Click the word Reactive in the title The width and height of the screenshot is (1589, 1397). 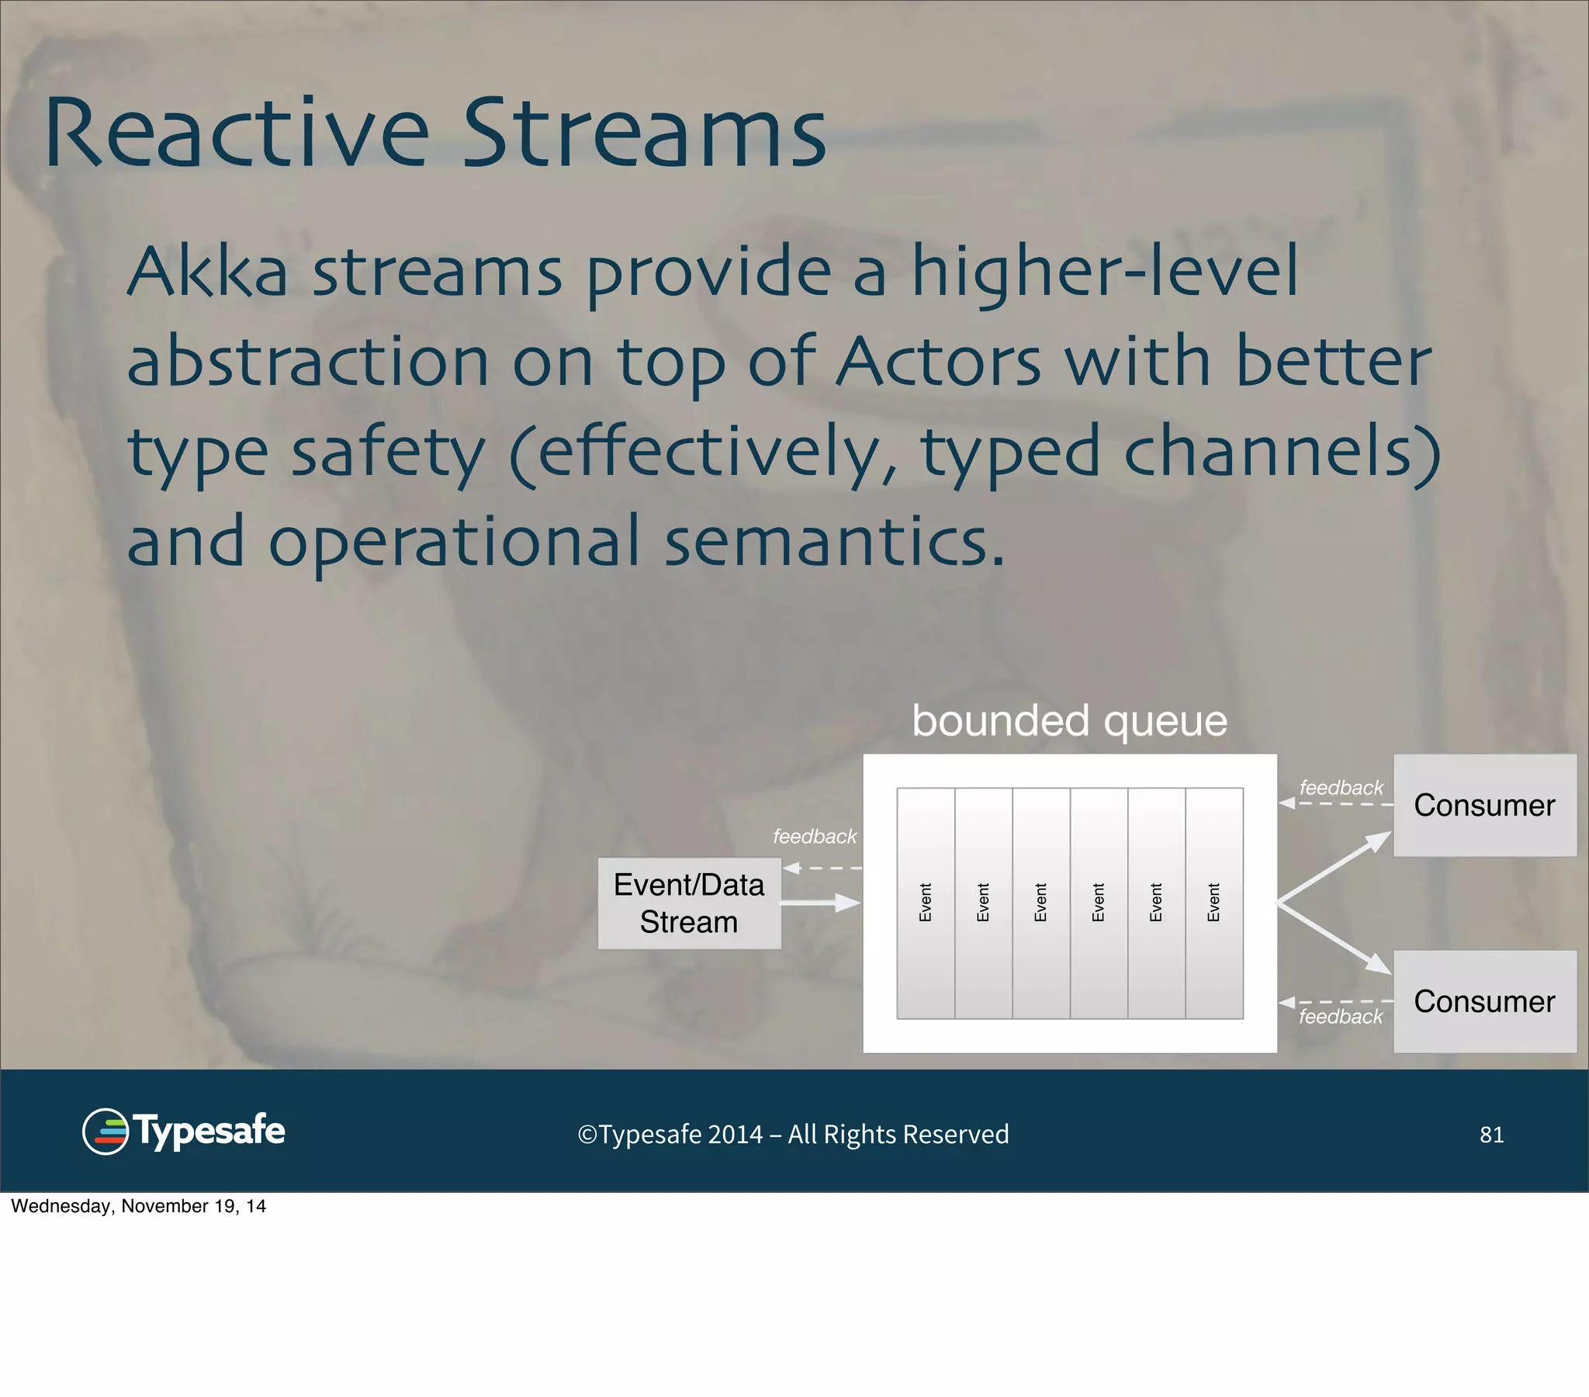[236, 133]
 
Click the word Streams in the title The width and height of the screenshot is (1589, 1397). [645, 133]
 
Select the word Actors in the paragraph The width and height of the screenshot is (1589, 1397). [938, 362]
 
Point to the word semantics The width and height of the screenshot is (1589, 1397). [834, 543]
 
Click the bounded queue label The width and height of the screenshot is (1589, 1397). [1069, 721]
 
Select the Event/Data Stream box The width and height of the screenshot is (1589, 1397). [689, 903]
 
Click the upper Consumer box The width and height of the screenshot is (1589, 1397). [1484, 805]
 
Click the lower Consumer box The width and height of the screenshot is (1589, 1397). [1484, 1001]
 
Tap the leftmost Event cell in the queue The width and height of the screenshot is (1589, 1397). [925, 903]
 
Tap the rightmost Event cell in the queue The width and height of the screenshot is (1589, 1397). [1213, 903]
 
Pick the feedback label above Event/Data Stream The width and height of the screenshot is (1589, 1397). [814, 836]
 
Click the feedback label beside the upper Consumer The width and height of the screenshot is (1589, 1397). [1341, 787]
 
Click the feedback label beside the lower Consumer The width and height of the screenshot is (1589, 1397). [1340, 1017]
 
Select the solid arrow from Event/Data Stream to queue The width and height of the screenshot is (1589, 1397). [820, 903]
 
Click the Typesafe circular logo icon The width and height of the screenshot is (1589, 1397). [105, 1132]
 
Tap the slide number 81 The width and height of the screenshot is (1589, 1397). [1491, 1135]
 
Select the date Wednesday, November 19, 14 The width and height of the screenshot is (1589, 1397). [138, 1206]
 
